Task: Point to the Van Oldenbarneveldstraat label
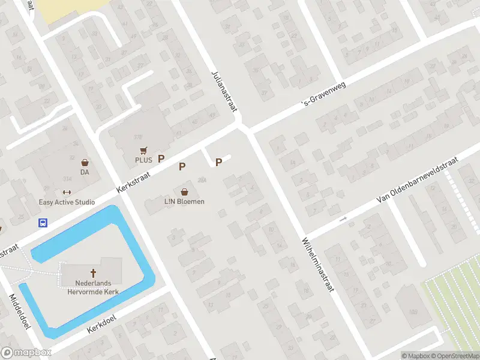(417, 180)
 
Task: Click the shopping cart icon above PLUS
(143, 150)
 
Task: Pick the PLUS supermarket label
(143, 160)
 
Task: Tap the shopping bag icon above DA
(85, 162)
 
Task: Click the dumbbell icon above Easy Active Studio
(67, 193)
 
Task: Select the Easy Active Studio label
(67, 202)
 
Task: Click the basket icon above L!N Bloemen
(184, 192)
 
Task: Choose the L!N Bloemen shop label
(184, 202)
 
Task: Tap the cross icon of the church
(93, 273)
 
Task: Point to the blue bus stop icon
(43, 223)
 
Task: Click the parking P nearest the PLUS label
(161, 158)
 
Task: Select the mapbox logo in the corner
(26, 353)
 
